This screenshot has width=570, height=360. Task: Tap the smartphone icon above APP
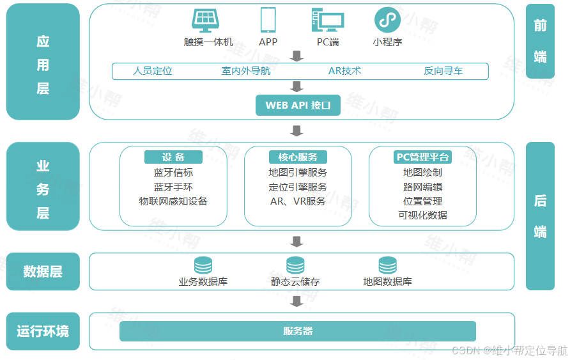[x=268, y=20]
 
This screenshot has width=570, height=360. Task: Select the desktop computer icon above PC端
[x=327, y=20]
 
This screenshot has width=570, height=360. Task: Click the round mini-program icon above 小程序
[x=387, y=20]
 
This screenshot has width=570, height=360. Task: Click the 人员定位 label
[x=153, y=71]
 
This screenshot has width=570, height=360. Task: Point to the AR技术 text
[x=344, y=71]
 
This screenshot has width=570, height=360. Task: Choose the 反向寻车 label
[x=443, y=71]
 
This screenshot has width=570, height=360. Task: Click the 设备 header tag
[x=173, y=157]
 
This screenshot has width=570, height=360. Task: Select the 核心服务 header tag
[x=298, y=157]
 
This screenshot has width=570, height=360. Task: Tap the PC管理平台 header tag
[x=422, y=157]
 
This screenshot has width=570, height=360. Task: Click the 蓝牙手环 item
[x=173, y=187]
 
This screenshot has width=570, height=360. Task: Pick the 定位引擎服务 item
[x=298, y=187]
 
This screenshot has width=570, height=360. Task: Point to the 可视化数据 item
[x=422, y=215]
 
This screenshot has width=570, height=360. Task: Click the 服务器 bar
[x=298, y=331]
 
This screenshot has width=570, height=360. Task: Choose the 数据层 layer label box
[x=43, y=272]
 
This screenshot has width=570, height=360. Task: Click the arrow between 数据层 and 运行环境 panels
[x=296, y=300]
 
